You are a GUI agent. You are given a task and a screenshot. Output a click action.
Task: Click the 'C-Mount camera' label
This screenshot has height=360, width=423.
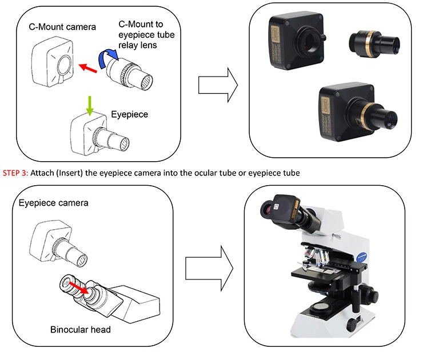[62, 27]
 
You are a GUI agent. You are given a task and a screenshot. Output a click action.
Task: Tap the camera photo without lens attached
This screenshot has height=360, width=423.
[294, 40]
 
